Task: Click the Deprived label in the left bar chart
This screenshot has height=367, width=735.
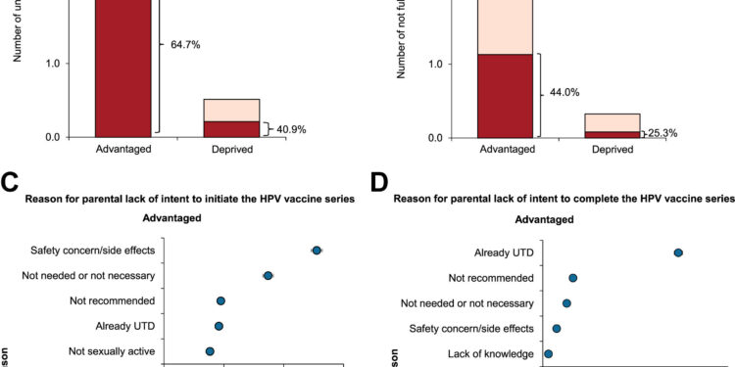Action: click(232, 151)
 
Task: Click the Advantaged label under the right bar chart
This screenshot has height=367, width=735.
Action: click(506, 151)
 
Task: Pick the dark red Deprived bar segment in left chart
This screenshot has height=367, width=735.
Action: click(232, 128)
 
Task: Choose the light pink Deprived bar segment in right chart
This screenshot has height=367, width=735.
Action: click(612, 122)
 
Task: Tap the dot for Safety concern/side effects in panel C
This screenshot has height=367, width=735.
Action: click(317, 251)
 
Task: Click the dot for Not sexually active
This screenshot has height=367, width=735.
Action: click(210, 350)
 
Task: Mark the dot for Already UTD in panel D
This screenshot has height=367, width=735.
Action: click(678, 252)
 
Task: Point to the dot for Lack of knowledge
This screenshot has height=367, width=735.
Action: click(548, 353)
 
